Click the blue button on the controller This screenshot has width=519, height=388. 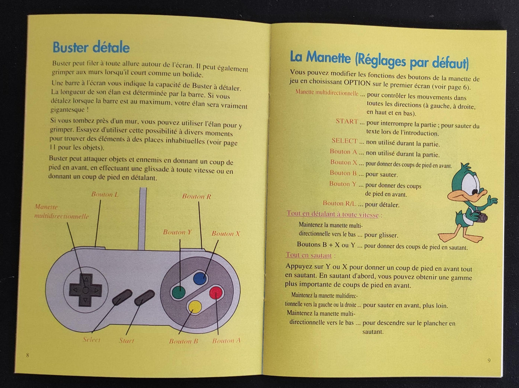(x=200, y=279)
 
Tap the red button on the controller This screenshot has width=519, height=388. (x=216, y=293)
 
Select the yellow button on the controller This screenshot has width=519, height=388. (x=195, y=307)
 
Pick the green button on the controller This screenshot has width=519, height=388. (x=179, y=293)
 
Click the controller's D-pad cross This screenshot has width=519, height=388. (x=85, y=290)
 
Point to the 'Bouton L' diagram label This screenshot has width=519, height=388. (x=105, y=195)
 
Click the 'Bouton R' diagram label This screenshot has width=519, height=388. (x=196, y=196)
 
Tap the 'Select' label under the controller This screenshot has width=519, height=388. (x=92, y=340)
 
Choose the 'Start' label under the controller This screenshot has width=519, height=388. (x=126, y=341)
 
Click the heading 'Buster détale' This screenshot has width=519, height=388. (x=91, y=47)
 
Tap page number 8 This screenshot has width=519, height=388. (x=28, y=355)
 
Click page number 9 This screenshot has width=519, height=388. (x=489, y=360)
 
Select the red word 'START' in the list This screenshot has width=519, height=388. (x=347, y=121)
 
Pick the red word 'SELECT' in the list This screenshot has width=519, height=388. (x=344, y=141)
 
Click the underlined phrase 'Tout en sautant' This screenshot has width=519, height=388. (x=309, y=255)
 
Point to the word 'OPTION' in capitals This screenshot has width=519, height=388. (x=357, y=83)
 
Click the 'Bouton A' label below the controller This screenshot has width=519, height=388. (x=226, y=341)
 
